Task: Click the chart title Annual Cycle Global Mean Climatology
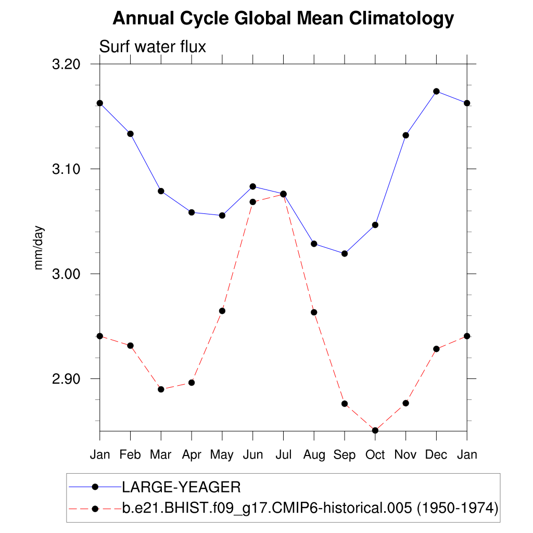283,19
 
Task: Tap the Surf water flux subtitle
153,47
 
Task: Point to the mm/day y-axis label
39,248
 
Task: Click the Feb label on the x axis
130,454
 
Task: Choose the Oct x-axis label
375,454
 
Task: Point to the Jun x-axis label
252,454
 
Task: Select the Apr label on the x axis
192,454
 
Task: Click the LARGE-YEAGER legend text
181,487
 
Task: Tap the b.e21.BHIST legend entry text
310,507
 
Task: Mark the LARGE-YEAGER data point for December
436,92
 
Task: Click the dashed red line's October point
375,430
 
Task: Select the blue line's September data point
344,253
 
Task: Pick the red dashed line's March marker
161,389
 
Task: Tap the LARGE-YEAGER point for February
130,134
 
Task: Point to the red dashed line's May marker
222,311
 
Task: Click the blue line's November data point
405,135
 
